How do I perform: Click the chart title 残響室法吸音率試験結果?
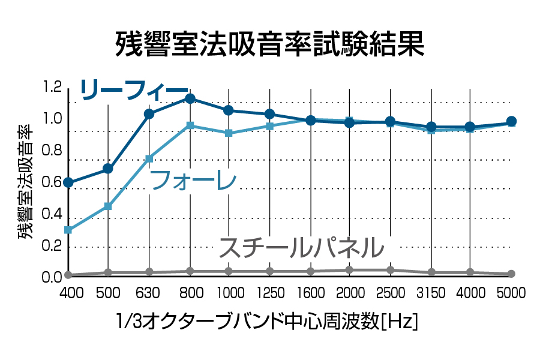pyautogui.click(x=270, y=44)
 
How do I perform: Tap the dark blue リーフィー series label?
pyautogui.click(x=134, y=90)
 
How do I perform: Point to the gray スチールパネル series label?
pyautogui.click(x=300, y=247)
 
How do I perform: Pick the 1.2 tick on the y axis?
pyautogui.click(x=53, y=88)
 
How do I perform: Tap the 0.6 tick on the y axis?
pyautogui.click(x=53, y=182)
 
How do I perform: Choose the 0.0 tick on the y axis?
pyautogui.click(x=53, y=277)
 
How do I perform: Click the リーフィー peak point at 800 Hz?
pyautogui.click(x=190, y=98)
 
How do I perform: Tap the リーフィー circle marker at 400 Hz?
pyautogui.click(x=68, y=182)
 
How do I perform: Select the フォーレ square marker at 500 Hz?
pyautogui.click(x=108, y=206)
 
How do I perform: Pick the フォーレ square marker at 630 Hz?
pyautogui.click(x=149, y=158)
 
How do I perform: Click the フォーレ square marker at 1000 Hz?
pyautogui.click(x=229, y=133)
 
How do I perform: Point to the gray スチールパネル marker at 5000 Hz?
pyautogui.click(x=511, y=274)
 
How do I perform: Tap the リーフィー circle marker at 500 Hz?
pyautogui.click(x=108, y=169)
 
